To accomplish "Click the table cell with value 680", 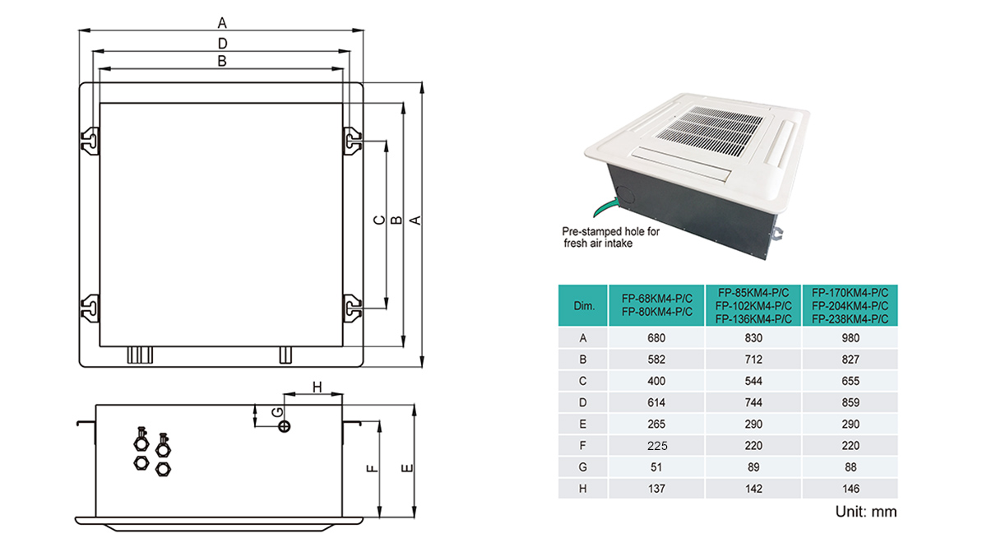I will click(656, 337).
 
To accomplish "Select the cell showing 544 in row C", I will click(753, 381).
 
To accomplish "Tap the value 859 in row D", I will click(850, 402).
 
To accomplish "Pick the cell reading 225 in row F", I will click(656, 446).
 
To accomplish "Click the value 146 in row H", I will click(850, 488).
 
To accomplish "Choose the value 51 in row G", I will click(656, 467).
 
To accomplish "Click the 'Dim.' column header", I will click(583, 305).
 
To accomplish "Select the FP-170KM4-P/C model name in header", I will click(850, 291).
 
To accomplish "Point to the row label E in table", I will click(583, 425).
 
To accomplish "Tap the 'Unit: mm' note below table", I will click(865, 512).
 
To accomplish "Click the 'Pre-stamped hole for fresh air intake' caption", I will click(610, 238).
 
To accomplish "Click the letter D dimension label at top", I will click(221, 43).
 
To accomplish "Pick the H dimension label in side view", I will click(314, 387).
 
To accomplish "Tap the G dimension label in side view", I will click(277, 411).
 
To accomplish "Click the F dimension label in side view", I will click(372, 468).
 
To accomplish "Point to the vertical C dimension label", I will click(378, 220).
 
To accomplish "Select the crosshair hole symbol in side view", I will click(285, 426).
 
